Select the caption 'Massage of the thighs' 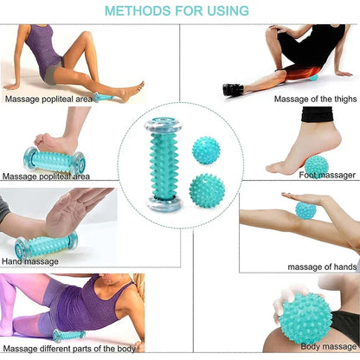pyautogui.click(x=302, y=98)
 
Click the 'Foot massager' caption pyautogui.click(x=325, y=175)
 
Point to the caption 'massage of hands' pyautogui.click(x=321, y=266)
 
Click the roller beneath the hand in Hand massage pyautogui.click(x=46, y=246)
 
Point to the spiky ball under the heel pyautogui.click(x=316, y=164)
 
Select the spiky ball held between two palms pyautogui.click(x=306, y=209)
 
